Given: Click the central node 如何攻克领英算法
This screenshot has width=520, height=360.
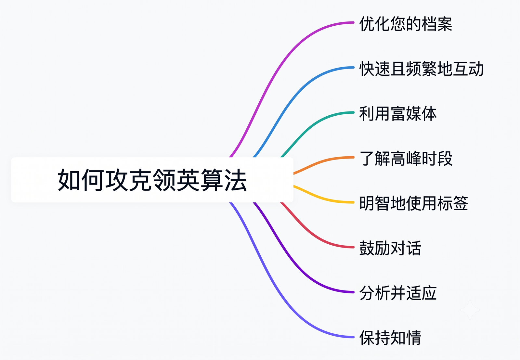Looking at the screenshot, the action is coord(152,180).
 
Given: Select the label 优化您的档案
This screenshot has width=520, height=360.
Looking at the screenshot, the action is coord(406,24).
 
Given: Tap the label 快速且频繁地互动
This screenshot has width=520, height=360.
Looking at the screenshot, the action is coord(421,69).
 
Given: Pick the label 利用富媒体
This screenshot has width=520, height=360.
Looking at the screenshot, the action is coord(398,113).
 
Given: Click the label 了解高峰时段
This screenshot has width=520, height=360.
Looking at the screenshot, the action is coord(406,158).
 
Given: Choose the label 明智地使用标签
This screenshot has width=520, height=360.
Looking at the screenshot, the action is coord(414,203).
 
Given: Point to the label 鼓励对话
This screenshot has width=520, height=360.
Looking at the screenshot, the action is coord(390,248).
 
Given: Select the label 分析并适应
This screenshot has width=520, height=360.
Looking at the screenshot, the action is coord(398,293).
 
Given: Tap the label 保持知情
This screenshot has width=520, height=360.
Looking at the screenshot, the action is coord(390,338).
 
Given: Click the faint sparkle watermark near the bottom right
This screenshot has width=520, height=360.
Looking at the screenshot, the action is coord(470,310).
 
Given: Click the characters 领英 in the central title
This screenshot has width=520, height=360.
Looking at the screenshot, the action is coord(176,180).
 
